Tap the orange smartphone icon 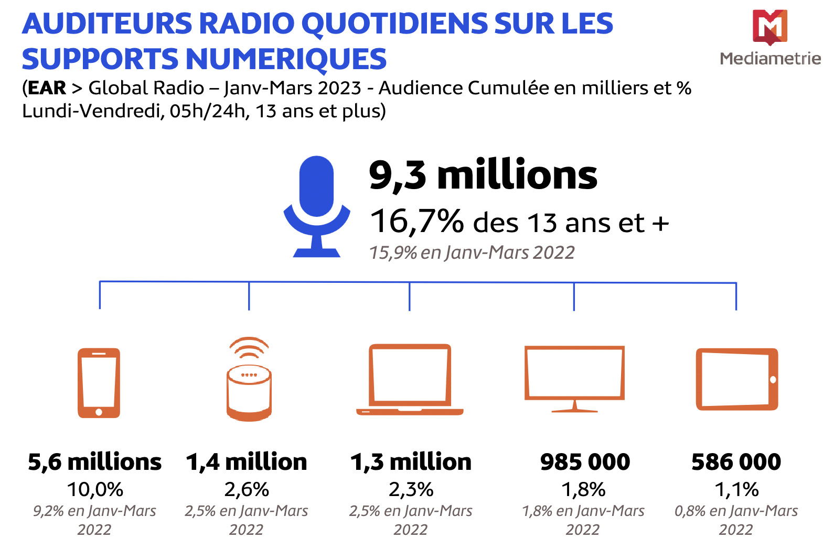[99, 382]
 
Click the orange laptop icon [410, 380]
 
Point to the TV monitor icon [574, 377]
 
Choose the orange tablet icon [736, 379]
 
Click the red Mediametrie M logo [769, 26]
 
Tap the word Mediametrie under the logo [770, 58]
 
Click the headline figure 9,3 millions [483, 175]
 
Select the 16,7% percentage [417, 221]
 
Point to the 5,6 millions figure [95, 462]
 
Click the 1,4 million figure [247, 462]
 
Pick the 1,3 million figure [411, 462]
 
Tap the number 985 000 [585, 462]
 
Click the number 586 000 [736, 462]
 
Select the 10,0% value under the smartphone [95, 490]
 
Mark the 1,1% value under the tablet [736, 490]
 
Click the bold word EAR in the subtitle [47, 88]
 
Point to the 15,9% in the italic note [393, 252]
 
